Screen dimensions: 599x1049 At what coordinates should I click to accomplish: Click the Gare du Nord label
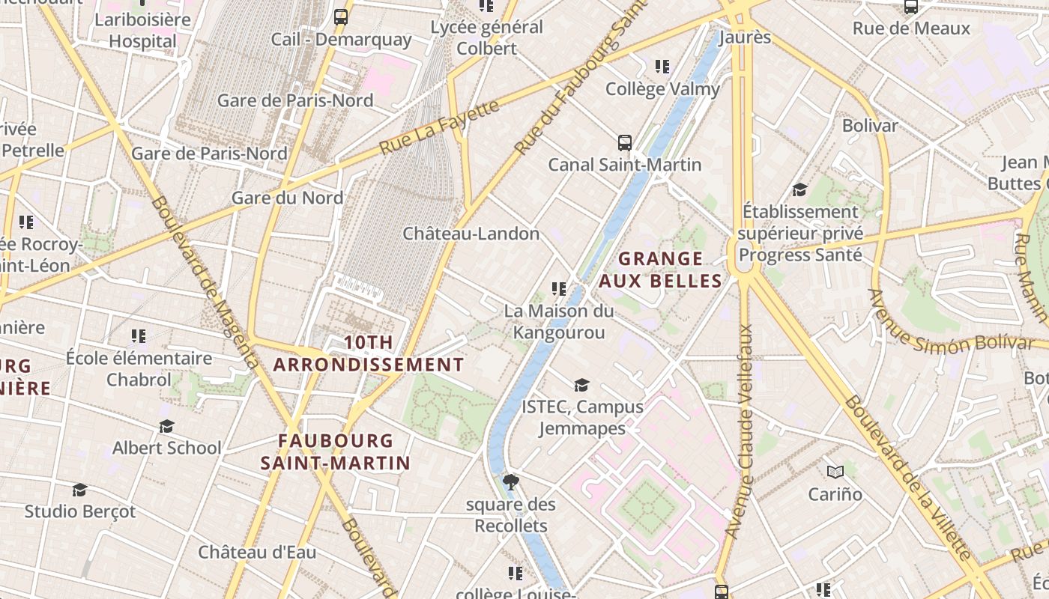[287, 198]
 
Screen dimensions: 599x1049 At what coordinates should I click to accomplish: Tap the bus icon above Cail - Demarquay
[341, 16]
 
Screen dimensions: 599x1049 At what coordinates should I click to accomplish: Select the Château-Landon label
[471, 234]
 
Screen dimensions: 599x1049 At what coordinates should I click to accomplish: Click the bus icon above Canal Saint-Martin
[624, 142]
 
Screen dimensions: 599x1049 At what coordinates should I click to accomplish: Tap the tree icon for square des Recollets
[511, 481]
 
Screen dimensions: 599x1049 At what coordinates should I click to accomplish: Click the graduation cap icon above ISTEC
[581, 385]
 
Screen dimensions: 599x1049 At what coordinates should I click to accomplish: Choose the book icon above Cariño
[835, 472]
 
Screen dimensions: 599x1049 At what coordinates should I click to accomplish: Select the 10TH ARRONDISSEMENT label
[368, 353]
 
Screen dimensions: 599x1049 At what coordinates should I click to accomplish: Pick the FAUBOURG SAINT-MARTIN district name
[335, 451]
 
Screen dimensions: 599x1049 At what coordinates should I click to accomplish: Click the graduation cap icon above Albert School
[166, 426]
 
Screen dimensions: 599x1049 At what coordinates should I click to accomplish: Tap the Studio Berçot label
[80, 511]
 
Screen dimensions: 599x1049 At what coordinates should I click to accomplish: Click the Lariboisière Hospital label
[142, 30]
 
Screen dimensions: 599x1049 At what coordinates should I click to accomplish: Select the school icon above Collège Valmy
[662, 67]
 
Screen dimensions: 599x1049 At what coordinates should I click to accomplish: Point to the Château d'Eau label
[257, 553]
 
